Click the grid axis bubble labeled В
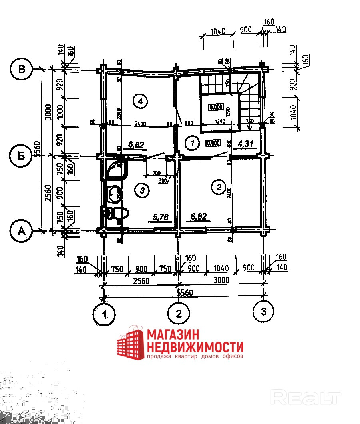coord(21,69)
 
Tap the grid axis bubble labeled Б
coord(21,156)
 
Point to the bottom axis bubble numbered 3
coord(264,311)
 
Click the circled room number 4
coord(140,101)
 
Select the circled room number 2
coord(218,187)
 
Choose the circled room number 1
coord(192,142)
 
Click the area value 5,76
coord(161,217)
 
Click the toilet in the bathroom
coord(119,213)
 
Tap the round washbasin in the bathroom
coord(115,194)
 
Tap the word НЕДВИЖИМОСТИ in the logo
coord(195,346)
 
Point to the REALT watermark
coord(306,397)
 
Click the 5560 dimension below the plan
coord(185,293)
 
